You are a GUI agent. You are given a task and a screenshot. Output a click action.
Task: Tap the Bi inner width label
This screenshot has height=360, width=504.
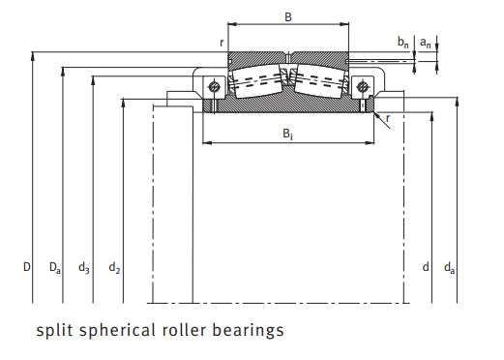tap(288, 134)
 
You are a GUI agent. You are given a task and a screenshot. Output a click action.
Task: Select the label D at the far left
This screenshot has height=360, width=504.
tap(27, 265)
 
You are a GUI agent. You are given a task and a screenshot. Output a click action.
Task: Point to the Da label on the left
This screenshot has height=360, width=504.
tap(56, 266)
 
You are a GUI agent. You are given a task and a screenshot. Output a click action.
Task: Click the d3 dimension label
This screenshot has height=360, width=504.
tap(85, 266)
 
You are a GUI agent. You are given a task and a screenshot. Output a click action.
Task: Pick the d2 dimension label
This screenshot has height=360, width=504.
tap(114, 266)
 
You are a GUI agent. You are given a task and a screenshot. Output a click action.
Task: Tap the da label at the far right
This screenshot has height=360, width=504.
tap(450, 266)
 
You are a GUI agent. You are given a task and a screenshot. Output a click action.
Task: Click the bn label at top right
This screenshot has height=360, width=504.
tap(403, 42)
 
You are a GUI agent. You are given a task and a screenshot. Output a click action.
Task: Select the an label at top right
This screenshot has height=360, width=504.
tap(426, 43)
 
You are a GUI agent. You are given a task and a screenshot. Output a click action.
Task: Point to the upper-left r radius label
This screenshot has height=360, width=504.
tap(222, 43)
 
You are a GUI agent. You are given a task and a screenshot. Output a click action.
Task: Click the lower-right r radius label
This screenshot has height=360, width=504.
tap(388, 118)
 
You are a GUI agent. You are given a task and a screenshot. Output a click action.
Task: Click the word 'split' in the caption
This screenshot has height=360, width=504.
tap(54, 330)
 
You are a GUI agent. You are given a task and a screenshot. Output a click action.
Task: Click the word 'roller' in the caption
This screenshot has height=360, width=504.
tap(186, 330)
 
